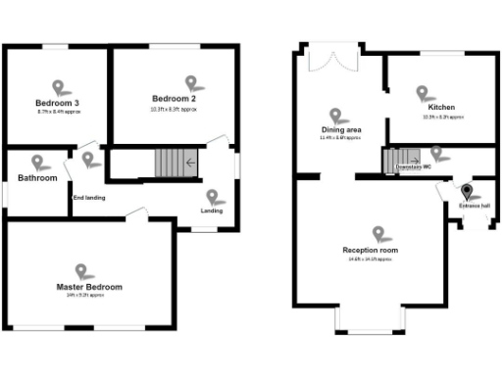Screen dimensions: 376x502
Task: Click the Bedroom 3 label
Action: coord(57,103)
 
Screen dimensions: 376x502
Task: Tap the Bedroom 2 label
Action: coord(174,99)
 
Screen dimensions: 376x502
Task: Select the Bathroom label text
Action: coord(37,178)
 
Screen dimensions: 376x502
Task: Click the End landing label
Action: coord(89,198)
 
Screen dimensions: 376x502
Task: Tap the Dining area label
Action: coord(341,129)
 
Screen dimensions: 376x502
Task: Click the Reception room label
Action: coord(370,251)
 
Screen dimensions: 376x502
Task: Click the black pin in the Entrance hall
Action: coord(467,191)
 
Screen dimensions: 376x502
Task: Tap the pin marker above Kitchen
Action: coord(423,92)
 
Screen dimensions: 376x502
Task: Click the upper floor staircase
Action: coord(170,163)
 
